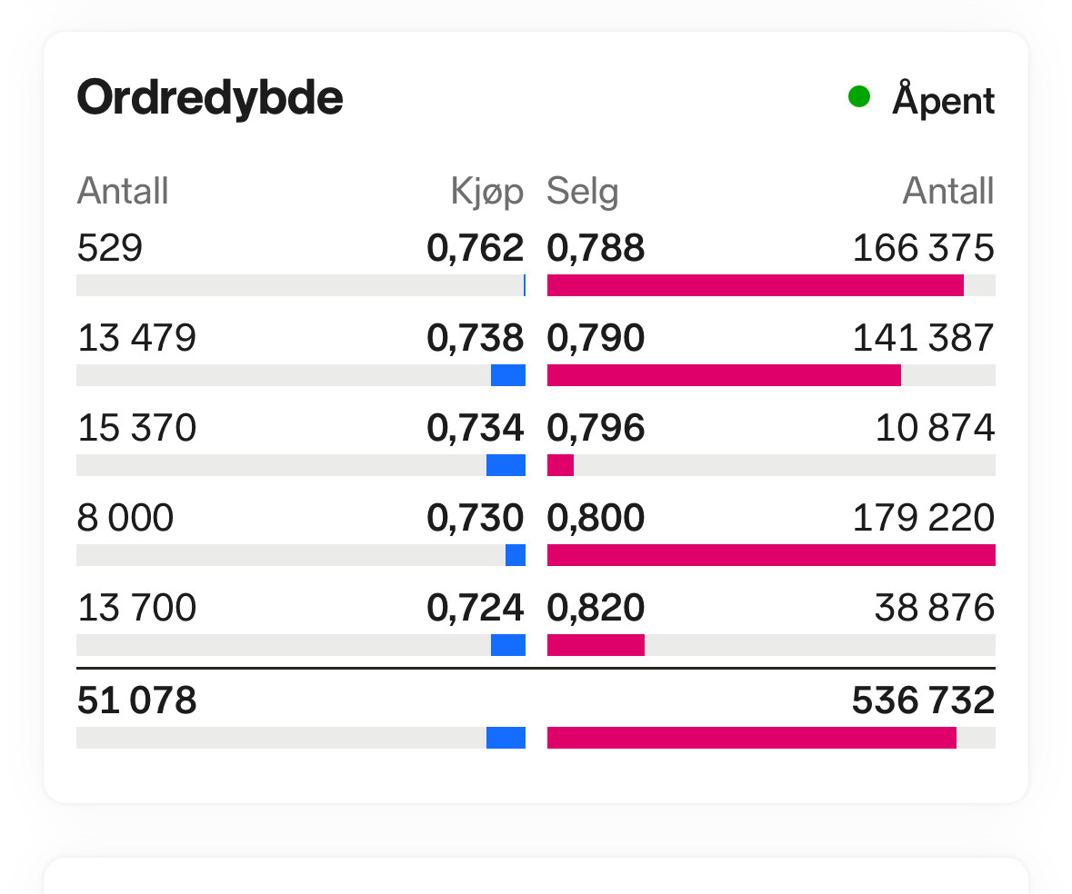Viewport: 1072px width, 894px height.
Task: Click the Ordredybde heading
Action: coord(210,97)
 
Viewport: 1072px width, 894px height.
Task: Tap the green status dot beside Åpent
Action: coord(858,96)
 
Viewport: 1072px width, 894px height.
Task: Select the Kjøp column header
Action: coord(487,192)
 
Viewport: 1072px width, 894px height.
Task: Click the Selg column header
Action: coord(582,192)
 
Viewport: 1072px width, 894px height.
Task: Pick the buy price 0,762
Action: coord(476,248)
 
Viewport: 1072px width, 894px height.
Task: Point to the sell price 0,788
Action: coord(596,248)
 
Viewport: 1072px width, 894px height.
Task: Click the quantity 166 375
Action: coord(923,248)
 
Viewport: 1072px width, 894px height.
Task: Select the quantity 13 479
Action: coord(136,338)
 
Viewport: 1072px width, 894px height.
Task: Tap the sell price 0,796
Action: coord(596,428)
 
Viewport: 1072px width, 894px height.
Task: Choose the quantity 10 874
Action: coord(935,428)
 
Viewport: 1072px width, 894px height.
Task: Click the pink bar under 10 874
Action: coord(560,465)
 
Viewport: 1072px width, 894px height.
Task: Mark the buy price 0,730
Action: coord(476,518)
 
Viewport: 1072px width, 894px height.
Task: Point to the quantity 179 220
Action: coord(923,518)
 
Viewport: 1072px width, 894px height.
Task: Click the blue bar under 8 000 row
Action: coord(516,555)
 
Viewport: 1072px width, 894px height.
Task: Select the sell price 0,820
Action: coord(596,608)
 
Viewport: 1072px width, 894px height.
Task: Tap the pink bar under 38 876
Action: coord(596,645)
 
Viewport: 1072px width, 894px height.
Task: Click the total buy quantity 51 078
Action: coord(136,700)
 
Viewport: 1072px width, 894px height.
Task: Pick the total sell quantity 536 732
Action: coord(923,700)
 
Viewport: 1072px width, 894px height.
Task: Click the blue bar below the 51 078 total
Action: coord(506,738)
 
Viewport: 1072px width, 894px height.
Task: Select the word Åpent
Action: coord(944,99)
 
